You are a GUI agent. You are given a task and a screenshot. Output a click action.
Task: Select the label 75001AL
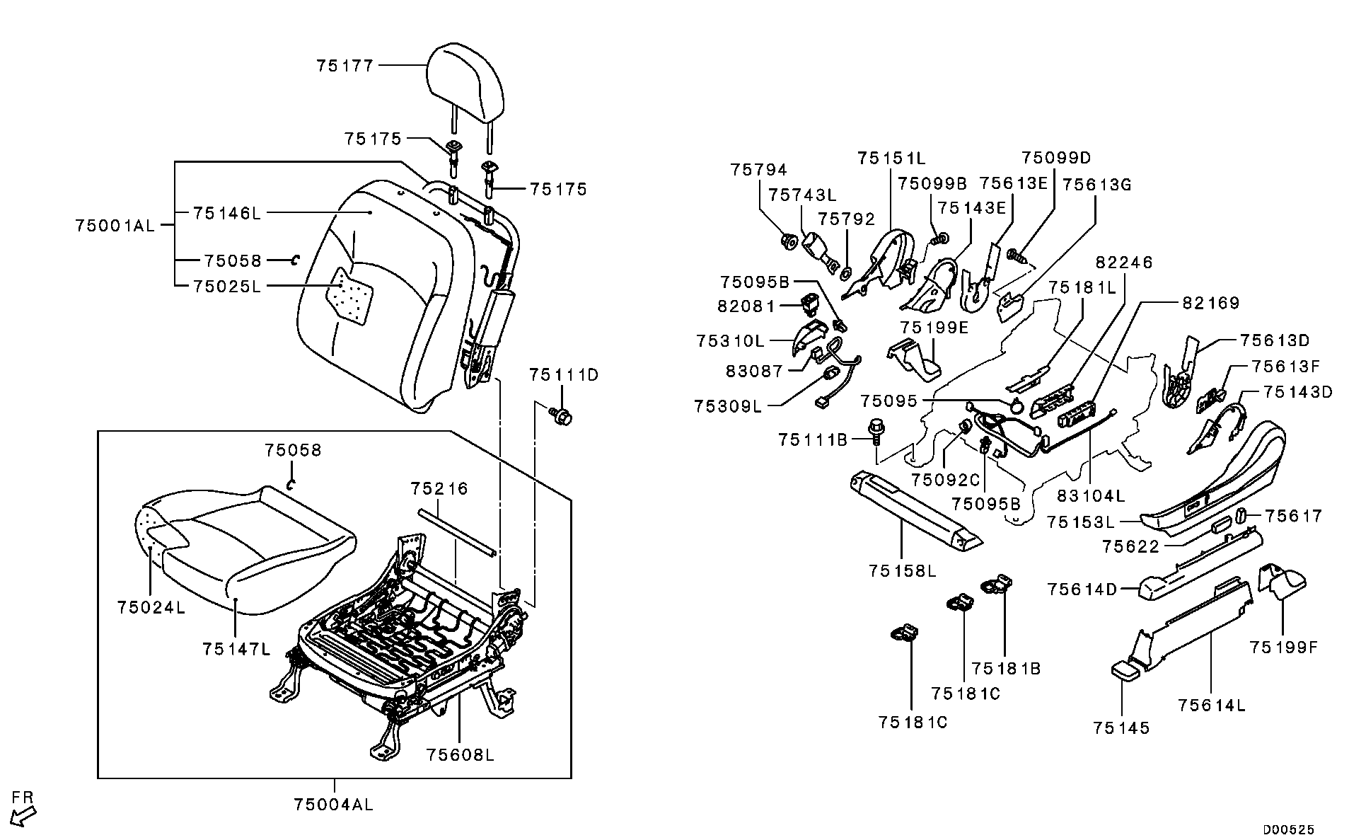[115, 226]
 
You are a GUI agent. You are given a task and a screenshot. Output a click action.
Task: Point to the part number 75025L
[226, 287]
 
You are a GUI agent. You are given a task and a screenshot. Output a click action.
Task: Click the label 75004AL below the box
[333, 805]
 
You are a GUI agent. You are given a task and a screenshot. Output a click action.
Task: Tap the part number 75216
[439, 489]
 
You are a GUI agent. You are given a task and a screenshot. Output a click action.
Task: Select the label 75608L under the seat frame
[460, 754]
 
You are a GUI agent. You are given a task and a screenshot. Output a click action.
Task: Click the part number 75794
[759, 170]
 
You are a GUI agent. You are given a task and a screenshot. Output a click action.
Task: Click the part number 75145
[1121, 727]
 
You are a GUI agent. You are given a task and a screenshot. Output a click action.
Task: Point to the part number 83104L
[1090, 495]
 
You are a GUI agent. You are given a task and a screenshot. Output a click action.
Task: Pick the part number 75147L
[236, 649]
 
